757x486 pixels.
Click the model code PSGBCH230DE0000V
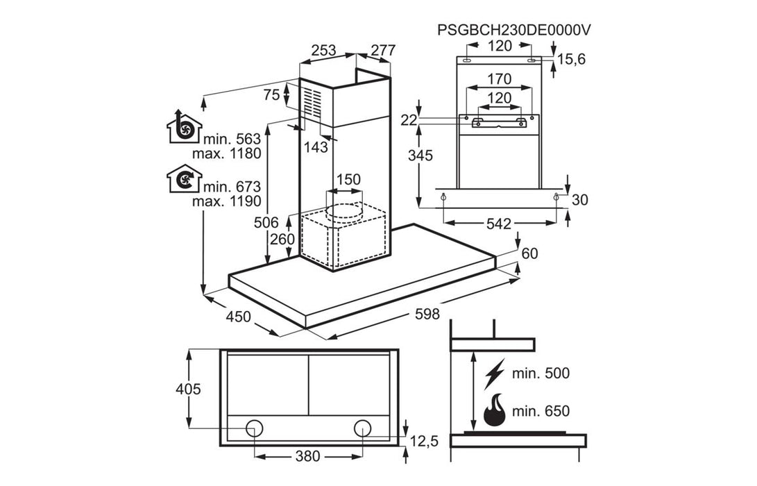[x=513, y=30]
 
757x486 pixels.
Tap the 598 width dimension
[x=427, y=314]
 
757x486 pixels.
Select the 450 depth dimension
[x=239, y=317]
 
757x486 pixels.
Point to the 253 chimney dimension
[x=323, y=50]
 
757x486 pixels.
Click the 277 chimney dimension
[x=383, y=50]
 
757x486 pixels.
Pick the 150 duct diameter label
[x=348, y=179]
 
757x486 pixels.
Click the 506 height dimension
[x=266, y=223]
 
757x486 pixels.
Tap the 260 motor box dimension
[x=282, y=239]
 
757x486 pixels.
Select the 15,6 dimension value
[x=572, y=60]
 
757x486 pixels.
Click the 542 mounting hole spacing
[x=499, y=224]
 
